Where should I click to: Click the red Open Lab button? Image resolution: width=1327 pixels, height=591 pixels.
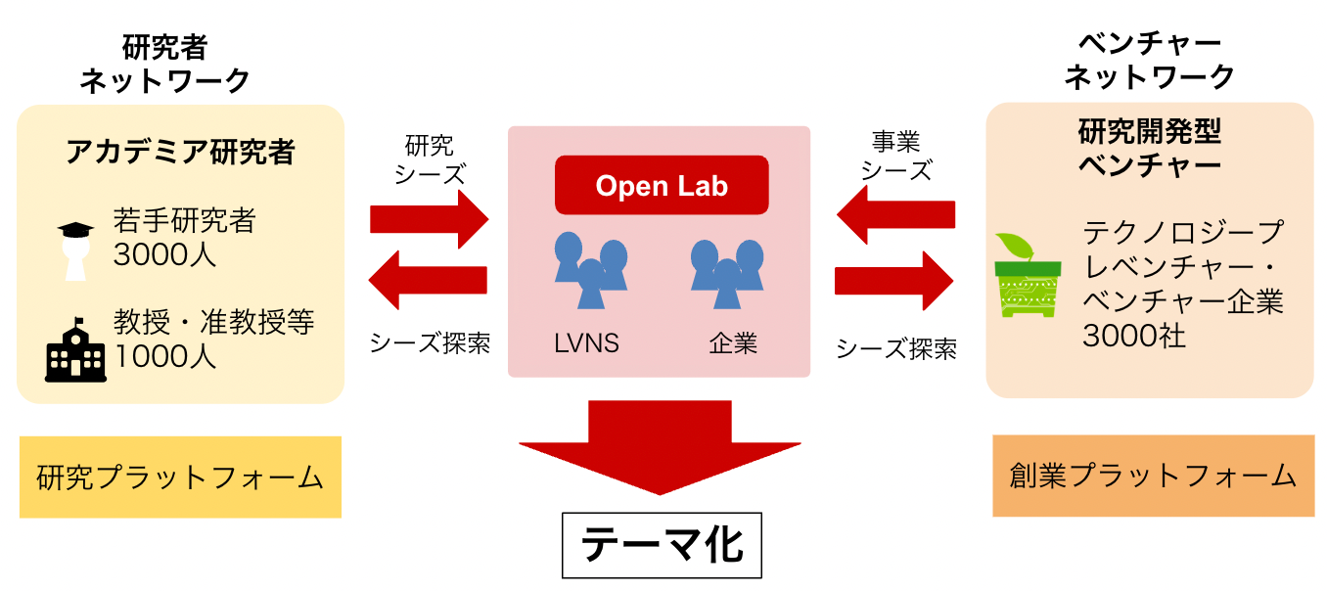pyautogui.click(x=662, y=185)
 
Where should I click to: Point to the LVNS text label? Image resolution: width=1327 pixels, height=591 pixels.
pyautogui.click(x=586, y=343)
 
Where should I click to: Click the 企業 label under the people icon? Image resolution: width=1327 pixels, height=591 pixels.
pyautogui.click(x=733, y=343)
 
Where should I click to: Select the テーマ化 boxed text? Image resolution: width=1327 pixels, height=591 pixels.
pyautogui.click(x=662, y=544)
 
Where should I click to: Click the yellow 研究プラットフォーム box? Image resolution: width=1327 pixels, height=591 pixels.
pyautogui.click(x=180, y=477)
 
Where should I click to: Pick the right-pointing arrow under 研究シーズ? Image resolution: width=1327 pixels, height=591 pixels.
pyautogui.click(x=428, y=218)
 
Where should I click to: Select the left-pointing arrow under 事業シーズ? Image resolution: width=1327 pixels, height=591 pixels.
pyautogui.click(x=895, y=214)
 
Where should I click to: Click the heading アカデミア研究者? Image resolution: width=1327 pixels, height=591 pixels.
pyautogui.click(x=180, y=152)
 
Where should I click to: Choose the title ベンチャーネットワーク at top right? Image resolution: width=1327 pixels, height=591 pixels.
pyautogui.click(x=1149, y=61)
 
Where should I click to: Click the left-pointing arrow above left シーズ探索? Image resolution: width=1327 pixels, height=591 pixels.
pyautogui.click(x=428, y=280)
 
